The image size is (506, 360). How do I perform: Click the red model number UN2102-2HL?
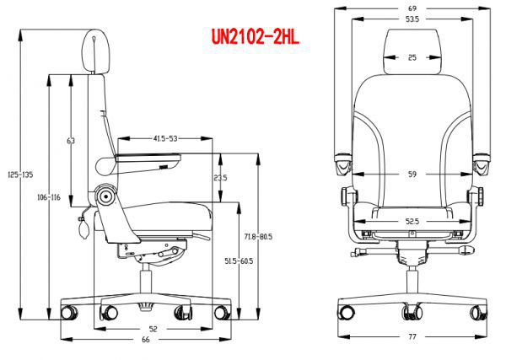click(255, 37)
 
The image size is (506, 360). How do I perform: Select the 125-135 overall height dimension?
click(20, 175)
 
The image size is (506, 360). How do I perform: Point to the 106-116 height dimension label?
click(49, 197)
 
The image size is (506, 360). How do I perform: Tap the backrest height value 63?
click(71, 141)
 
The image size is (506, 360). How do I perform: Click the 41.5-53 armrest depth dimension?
click(165, 139)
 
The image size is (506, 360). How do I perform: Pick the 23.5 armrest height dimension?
click(220, 177)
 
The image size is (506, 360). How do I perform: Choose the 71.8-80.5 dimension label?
click(258, 237)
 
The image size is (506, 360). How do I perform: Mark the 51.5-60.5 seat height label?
click(239, 261)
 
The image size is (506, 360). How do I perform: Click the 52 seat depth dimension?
click(153, 329)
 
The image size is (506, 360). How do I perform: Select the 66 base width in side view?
click(146, 340)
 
